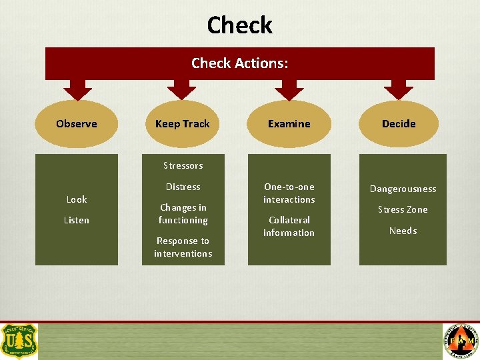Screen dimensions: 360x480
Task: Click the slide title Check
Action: [x=239, y=25]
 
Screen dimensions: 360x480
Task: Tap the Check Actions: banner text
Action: [x=239, y=63]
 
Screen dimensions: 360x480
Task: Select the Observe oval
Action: [x=77, y=124]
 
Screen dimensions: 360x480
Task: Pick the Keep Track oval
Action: [x=182, y=124]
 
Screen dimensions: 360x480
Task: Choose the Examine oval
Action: [x=289, y=124]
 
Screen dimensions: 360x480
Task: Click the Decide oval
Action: [x=399, y=124]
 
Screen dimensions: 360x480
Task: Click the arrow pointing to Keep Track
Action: [x=181, y=89]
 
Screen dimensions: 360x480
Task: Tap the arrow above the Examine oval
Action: [x=289, y=89]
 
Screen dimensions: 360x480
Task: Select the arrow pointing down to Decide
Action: [x=399, y=89]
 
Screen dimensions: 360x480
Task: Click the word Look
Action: [x=77, y=199]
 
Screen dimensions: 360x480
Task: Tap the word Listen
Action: [x=77, y=220]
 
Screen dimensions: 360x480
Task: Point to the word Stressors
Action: [x=183, y=165]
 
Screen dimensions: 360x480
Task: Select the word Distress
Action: [x=183, y=187]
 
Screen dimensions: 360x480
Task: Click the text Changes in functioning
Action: [x=183, y=214]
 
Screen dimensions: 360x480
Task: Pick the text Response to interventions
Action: [x=183, y=247]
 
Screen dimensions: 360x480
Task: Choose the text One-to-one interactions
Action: [x=289, y=193]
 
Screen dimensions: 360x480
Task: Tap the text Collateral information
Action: [x=289, y=226]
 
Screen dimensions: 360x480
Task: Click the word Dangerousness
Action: [x=403, y=189]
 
